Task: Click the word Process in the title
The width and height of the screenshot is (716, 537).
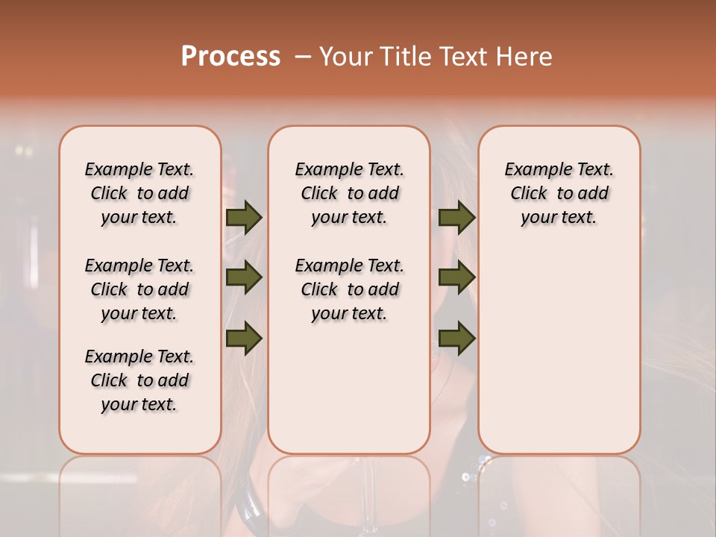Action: (x=230, y=57)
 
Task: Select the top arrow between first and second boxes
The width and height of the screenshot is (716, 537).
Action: (x=244, y=217)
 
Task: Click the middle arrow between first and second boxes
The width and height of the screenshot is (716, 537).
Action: (x=244, y=278)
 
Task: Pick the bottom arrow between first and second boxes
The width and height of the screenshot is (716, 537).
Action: (x=244, y=338)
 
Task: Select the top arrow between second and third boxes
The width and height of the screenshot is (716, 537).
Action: (x=456, y=217)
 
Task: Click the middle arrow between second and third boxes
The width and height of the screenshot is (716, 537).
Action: (x=456, y=278)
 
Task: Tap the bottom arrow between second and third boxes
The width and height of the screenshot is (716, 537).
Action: (x=456, y=339)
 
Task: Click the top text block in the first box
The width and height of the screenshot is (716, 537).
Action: (x=139, y=193)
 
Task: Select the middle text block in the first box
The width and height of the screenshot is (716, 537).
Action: (x=139, y=289)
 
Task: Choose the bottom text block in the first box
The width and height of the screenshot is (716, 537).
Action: (x=139, y=380)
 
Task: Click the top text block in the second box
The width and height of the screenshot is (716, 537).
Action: (x=349, y=193)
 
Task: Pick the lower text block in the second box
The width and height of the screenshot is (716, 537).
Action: (x=349, y=289)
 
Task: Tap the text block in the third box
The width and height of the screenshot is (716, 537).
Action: (x=559, y=193)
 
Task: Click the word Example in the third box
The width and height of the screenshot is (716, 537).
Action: (x=532, y=170)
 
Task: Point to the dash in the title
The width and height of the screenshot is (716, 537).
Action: (x=302, y=57)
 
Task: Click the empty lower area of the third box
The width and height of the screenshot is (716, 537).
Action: (x=559, y=351)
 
